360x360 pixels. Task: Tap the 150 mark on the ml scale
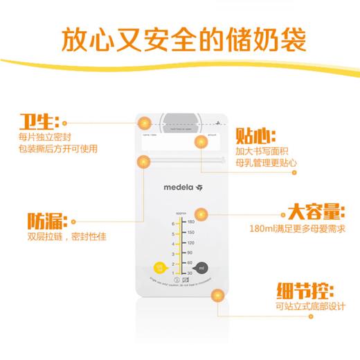(190, 233)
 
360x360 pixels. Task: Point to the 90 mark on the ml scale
(190, 253)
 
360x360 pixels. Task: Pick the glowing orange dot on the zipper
(144, 163)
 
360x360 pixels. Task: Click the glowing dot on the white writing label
(201, 143)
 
